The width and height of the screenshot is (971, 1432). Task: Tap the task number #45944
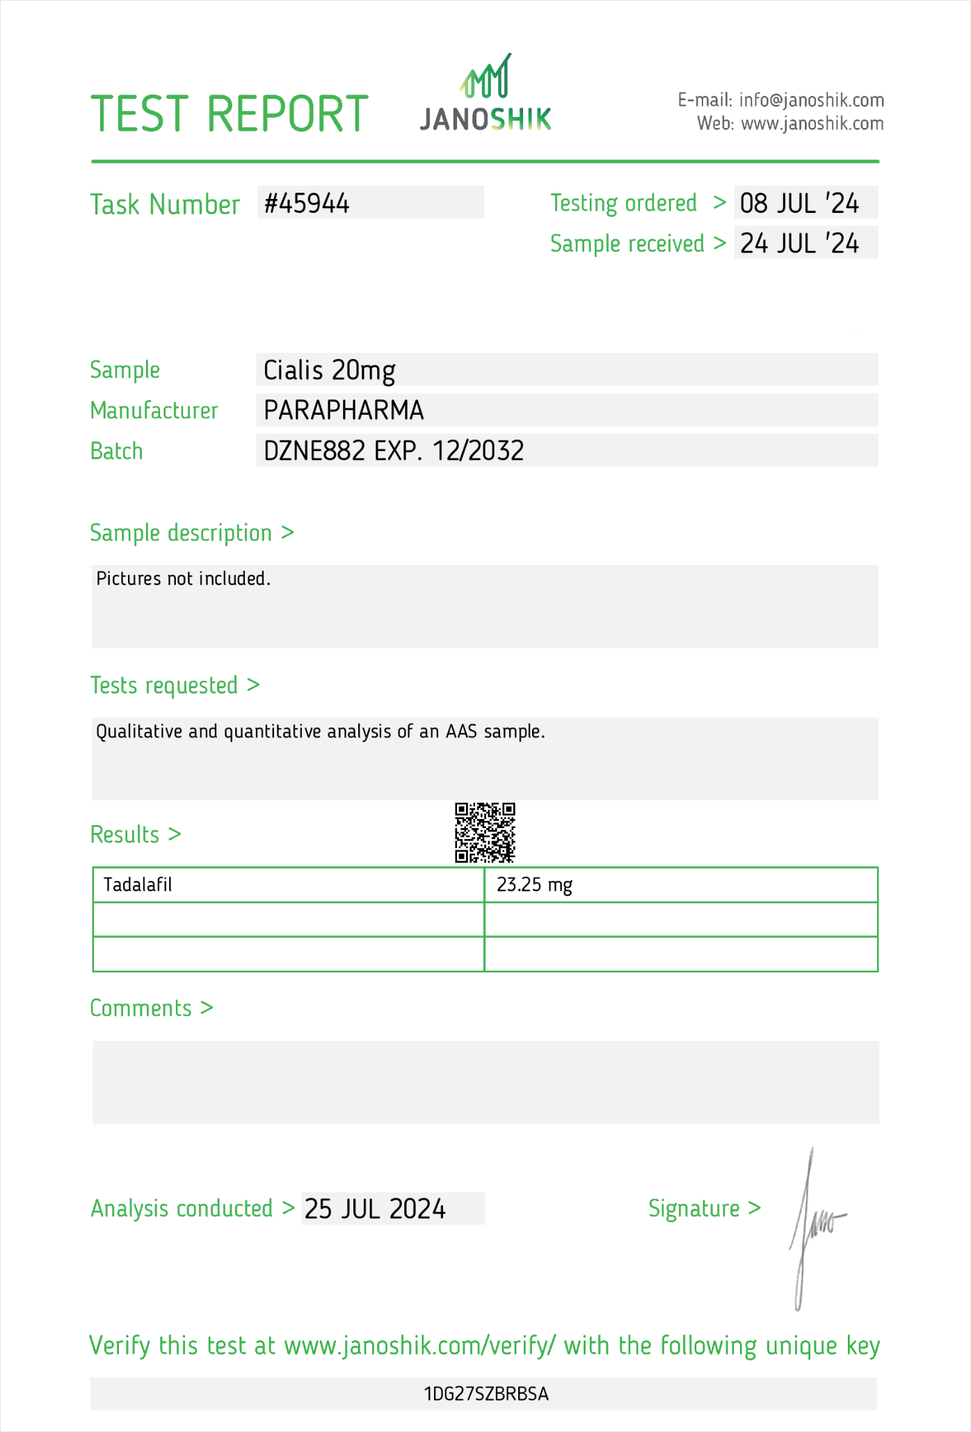[307, 203]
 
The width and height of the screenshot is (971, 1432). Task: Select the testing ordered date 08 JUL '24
[799, 203]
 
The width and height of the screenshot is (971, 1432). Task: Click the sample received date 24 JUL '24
[799, 244]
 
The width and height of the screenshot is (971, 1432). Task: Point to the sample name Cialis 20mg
[329, 370]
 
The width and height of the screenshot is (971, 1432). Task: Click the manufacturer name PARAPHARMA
[344, 411]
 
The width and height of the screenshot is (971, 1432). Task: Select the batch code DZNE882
[314, 451]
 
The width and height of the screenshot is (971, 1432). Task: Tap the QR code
[485, 832]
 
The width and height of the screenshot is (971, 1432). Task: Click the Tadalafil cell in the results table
[138, 885]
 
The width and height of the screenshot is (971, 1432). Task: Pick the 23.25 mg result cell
[534, 885]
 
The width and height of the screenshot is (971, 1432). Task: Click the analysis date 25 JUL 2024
[375, 1209]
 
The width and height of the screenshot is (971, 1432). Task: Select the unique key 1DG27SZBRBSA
[485, 1394]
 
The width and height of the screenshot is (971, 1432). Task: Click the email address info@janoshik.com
[811, 100]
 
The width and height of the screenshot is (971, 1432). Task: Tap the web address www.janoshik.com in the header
[812, 124]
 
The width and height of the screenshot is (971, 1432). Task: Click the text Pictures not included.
[183, 579]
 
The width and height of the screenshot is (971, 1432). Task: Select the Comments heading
[141, 1008]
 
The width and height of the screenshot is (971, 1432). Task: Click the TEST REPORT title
[230, 114]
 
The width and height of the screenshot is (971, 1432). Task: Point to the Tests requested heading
[164, 685]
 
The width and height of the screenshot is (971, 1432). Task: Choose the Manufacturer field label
[154, 411]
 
